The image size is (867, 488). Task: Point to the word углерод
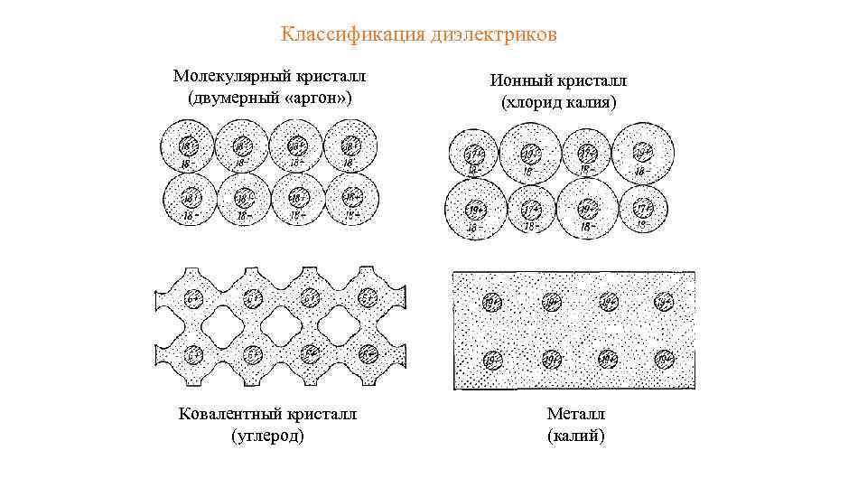tap(268, 436)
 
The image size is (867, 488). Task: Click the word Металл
tap(576, 414)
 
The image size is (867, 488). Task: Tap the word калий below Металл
tap(576, 436)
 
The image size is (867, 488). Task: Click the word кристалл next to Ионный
tap(592, 81)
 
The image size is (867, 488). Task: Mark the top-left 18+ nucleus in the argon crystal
tap(187, 145)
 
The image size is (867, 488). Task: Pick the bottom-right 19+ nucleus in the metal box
tap(663, 361)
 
